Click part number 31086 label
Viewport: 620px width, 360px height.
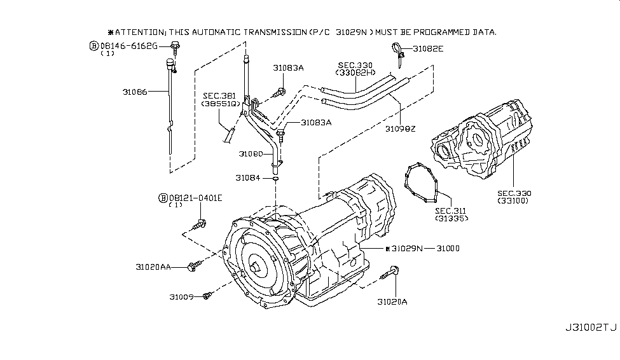click(135, 92)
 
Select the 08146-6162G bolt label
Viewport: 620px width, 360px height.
click(128, 46)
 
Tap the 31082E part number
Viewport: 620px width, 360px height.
click(428, 49)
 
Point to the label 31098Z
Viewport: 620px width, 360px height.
click(401, 129)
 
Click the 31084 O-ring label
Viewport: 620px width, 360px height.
click(248, 178)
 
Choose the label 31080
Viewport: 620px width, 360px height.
click(251, 154)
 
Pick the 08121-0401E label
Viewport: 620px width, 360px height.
click(195, 198)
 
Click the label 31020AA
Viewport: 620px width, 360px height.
click(153, 267)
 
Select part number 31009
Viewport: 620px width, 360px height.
click(181, 296)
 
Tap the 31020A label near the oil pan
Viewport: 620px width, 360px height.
click(392, 302)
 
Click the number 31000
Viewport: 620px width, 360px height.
click(448, 249)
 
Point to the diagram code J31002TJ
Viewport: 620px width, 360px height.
click(591, 328)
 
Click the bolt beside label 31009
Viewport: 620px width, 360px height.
click(207, 296)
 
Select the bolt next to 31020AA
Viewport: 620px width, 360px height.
click(195, 265)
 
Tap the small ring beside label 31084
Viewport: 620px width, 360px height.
click(275, 179)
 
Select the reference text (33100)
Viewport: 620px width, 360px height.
click(513, 200)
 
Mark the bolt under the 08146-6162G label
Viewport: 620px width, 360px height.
click(175, 46)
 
